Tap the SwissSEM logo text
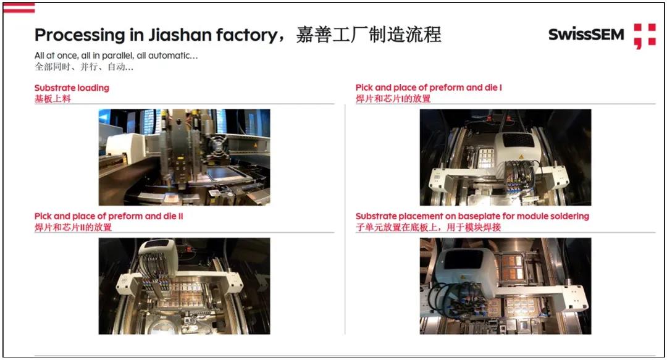click(586, 35)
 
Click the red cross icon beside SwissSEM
click(645, 36)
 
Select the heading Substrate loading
click(72, 88)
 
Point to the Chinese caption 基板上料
click(52, 99)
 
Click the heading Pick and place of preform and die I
click(429, 88)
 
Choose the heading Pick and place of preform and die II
click(109, 216)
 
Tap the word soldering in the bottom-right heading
click(568, 216)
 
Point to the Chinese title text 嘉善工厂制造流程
click(369, 35)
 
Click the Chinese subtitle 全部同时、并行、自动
click(84, 67)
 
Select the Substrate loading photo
click(184, 157)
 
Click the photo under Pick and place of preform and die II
click(184, 286)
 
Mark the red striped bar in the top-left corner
click(19, 7)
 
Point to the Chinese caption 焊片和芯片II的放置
click(73, 227)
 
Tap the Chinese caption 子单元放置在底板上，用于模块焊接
click(429, 227)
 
